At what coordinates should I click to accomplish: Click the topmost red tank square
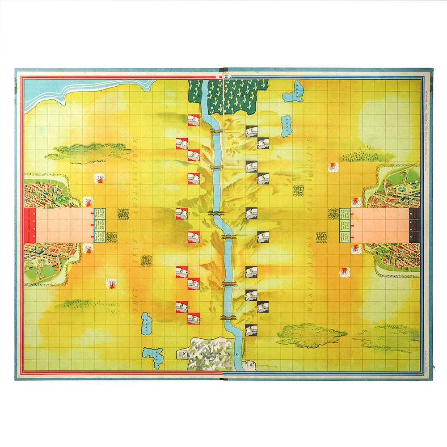[x=194, y=120]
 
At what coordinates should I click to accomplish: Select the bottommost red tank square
[x=194, y=318]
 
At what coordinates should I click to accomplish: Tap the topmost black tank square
[x=251, y=131]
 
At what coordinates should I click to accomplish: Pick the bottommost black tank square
[x=251, y=330]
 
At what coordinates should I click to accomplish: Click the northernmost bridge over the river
[x=216, y=131]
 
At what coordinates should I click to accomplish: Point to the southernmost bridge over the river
[x=228, y=318]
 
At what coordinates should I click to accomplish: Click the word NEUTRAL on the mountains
[x=210, y=353]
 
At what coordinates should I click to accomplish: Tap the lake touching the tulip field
[x=294, y=91]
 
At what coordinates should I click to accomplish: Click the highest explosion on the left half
[x=99, y=178]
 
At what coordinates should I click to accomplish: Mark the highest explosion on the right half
[x=333, y=167]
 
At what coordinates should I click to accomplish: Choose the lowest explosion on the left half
[x=111, y=283]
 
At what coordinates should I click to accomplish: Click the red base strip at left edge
[x=29, y=225]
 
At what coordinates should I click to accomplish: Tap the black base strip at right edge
[x=414, y=225]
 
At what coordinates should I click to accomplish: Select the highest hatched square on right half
[x=298, y=190]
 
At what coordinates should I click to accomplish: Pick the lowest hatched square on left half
[x=147, y=261]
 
